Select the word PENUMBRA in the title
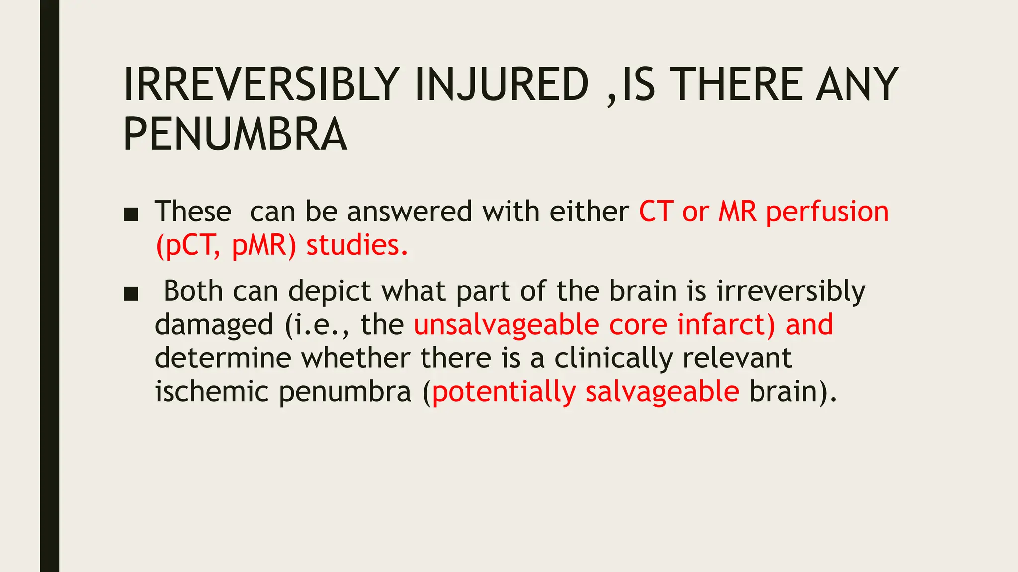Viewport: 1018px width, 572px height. click(235, 134)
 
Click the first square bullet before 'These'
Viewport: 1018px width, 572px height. click(131, 214)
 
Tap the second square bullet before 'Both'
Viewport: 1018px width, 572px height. click(131, 294)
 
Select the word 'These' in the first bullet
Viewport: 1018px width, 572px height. click(193, 212)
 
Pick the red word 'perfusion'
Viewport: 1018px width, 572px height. click(827, 213)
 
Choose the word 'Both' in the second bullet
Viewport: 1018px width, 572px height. click(193, 291)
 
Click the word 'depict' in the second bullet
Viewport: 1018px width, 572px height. click(330, 292)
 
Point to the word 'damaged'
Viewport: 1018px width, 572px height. click(214, 325)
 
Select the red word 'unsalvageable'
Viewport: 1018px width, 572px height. click(507, 325)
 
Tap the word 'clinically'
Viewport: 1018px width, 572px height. click(613, 358)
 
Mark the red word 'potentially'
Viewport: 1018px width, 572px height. click(504, 392)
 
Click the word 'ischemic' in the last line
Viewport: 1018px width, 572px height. click(212, 391)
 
